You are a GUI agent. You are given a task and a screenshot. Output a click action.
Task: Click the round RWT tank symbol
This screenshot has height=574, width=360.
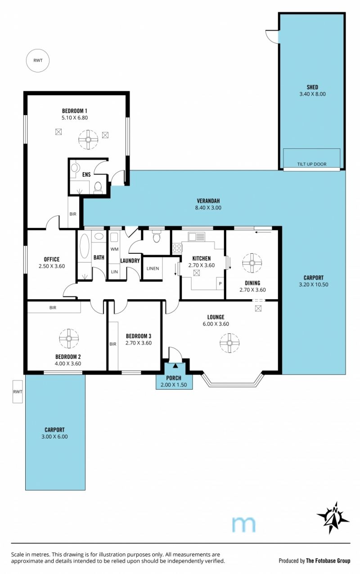38,60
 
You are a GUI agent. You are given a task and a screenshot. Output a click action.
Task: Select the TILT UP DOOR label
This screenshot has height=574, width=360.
312,164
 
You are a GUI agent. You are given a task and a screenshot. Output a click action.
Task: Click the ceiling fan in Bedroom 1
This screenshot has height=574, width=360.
88,139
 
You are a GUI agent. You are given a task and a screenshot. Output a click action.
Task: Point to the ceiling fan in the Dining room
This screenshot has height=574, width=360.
252,263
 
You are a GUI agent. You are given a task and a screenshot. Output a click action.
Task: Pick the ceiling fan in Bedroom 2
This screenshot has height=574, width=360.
69,338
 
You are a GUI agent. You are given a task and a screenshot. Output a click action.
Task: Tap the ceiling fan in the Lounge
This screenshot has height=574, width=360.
229,343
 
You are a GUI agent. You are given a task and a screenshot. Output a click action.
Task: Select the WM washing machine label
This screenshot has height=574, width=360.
114,249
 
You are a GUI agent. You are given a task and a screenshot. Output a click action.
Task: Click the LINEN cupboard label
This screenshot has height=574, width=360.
153,269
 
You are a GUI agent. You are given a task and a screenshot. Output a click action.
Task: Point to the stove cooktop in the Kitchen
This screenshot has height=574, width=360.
177,248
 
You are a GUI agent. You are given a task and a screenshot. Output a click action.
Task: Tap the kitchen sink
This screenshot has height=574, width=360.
196,237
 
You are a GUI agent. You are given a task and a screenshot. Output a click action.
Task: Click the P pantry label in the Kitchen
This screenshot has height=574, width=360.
220,284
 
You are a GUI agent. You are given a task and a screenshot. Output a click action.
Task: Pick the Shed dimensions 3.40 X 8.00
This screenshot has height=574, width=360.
313,94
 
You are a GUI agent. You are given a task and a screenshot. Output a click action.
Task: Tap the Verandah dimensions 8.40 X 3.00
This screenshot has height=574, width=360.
208,208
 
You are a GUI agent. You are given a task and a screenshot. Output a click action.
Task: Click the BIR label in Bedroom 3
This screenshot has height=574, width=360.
113,344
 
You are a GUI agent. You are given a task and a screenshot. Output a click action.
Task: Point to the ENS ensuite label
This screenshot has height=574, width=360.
86,175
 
